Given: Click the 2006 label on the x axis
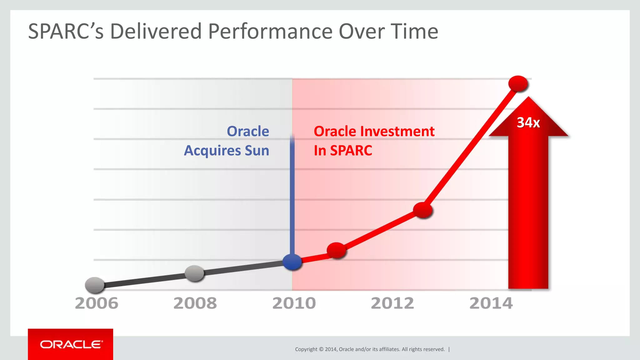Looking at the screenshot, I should click(97, 303).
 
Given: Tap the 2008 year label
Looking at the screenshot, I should click(195, 303).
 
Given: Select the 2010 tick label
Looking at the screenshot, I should click(294, 303).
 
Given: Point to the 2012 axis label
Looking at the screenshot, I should click(392, 303).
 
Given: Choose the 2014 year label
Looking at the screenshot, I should click(491, 303).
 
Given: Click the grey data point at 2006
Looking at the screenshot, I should click(95, 285).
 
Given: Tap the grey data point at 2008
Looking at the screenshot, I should click(194, 273).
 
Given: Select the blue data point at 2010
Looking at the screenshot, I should click(292, 262).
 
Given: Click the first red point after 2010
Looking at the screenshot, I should click(336, 250).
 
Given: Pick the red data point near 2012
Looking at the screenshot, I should click(422, 210).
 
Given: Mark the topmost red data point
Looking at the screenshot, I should click(518, 83).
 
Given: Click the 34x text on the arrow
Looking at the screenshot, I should click(528, 122).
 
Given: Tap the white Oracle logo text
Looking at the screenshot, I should click(71, 344).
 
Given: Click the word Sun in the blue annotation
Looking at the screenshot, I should click(257, 150).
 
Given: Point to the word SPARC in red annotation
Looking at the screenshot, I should click(351, 150).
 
